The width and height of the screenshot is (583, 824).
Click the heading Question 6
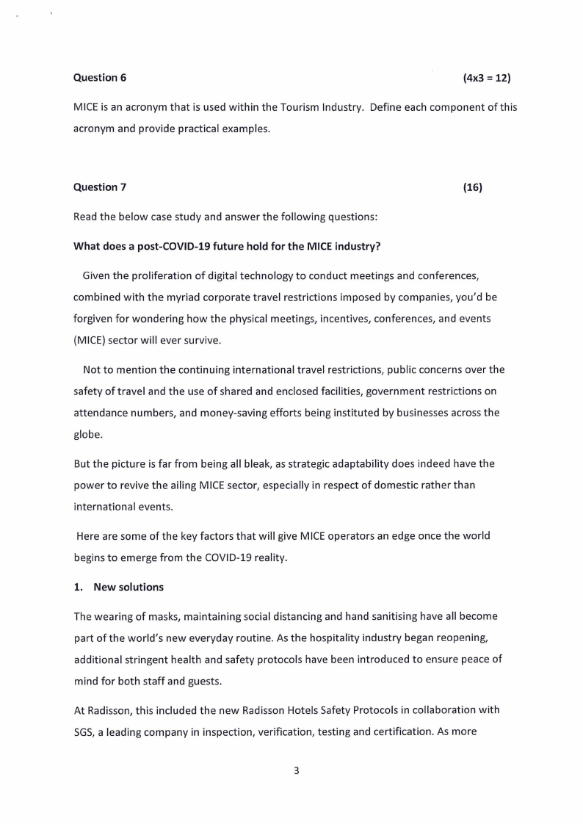95,77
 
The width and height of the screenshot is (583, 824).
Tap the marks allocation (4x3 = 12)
487,77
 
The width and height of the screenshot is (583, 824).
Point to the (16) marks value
473,187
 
